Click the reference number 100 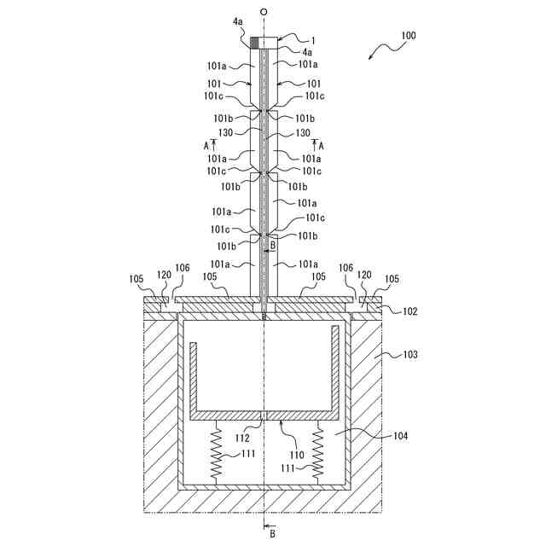pos(408,37)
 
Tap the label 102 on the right pos(410,311)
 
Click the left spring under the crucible pos(216,452)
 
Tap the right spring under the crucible pos(319,452)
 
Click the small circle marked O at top pos(264,12)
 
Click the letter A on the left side pos(206,146)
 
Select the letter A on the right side pos(321,146)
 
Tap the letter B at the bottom pos(272,534)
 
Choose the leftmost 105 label pos(136,279)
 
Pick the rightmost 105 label pos(392,279)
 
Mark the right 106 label pos(346,268)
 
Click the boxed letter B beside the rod pos(272,245)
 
